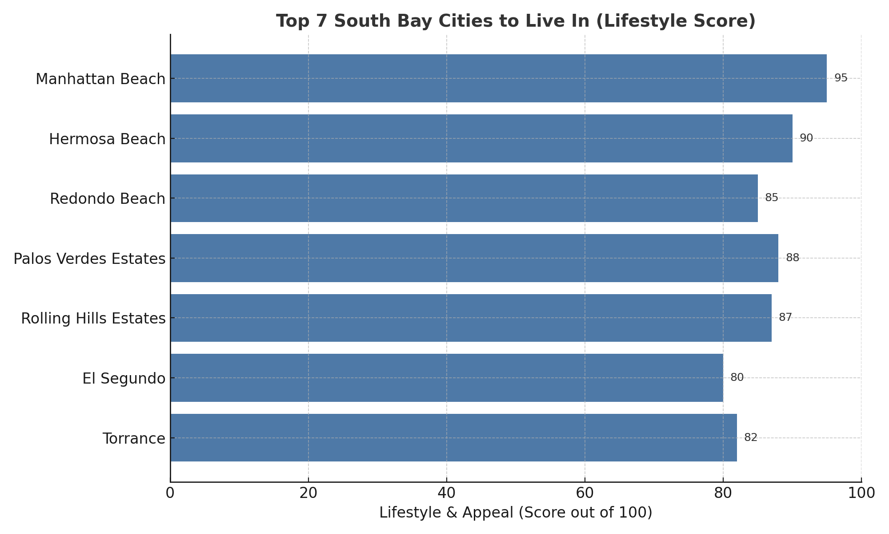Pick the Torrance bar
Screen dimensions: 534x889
coord(453,438)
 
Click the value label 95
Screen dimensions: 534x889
coord(841,78)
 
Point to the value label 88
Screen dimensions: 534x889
coord(793,258)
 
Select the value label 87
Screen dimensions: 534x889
coord(785,318)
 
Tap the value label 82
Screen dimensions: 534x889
coord(751,438)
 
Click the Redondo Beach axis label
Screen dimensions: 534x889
coord(108,198)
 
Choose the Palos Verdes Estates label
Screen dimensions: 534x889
coord(89,259)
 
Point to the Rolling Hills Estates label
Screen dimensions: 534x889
coord(93,319)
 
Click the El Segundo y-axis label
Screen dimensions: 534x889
coord(124,379)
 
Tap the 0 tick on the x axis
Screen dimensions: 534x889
coord(170,494)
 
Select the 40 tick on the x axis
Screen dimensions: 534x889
coord(447,494)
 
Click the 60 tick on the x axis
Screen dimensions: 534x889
coord(585,494)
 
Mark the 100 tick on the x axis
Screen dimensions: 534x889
coord(861,494)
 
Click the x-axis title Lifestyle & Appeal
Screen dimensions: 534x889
coord(516,513)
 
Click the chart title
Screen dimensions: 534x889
coord(516,21)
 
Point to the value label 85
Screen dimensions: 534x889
coord(772,198)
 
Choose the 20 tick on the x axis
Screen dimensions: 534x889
coord(308,494)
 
